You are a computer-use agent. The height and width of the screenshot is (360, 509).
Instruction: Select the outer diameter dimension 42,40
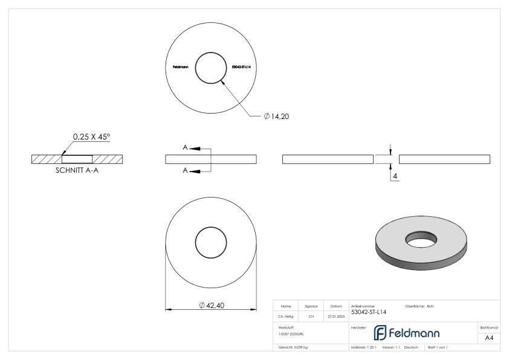[211, 305]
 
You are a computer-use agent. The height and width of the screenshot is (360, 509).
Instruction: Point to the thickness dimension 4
[395, 176]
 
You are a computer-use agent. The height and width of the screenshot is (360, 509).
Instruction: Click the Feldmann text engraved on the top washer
[180, 66]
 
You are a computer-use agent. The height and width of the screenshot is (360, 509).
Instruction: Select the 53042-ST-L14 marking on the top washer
[241, 66]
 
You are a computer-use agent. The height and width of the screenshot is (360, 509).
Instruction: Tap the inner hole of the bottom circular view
[211, 242]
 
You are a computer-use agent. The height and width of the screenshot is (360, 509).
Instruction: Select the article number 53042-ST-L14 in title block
[369, 312]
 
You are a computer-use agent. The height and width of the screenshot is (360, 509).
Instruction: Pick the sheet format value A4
[490, 339]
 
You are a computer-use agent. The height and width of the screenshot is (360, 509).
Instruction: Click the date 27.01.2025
[336, 315]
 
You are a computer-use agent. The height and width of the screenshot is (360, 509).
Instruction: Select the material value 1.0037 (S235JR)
[291, 334]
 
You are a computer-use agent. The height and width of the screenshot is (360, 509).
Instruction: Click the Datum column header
[336, 306]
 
